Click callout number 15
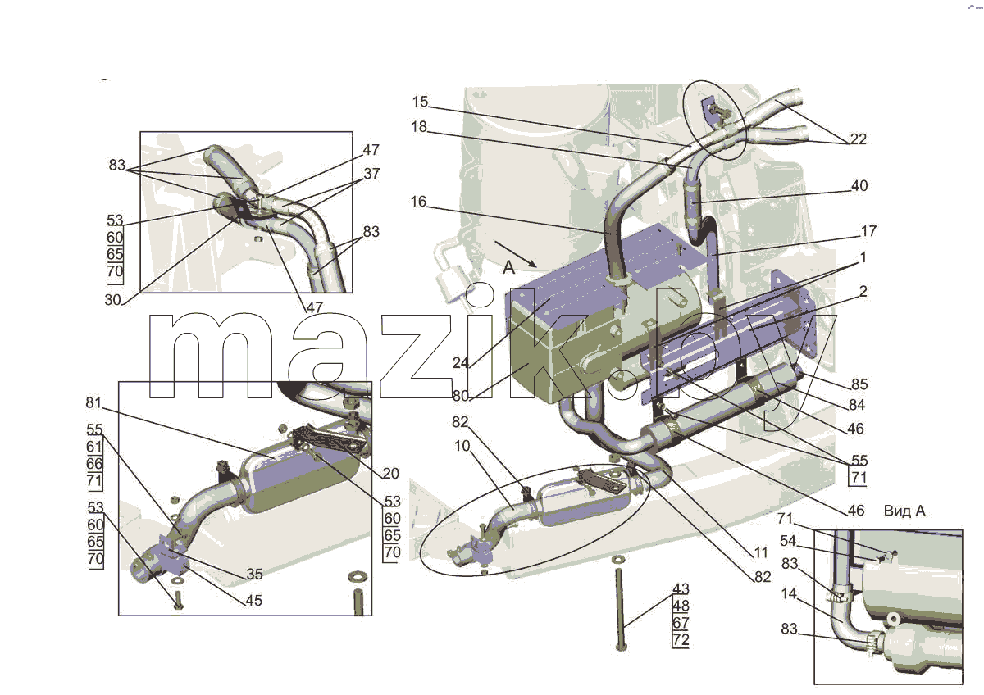[420, 102]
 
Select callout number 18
[419, 127]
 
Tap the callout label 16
[418, 202]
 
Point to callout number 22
[859, 139]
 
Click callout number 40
[859, 186]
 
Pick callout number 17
[868, 231]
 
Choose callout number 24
[461, 363]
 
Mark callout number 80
[461, 396]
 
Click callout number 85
[859, 384]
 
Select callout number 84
[857, 405]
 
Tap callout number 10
[462, 446]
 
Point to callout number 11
[760, 552]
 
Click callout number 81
[93, 402]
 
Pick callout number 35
[255, 574]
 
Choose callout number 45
[254, 600]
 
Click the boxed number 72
[681, 640]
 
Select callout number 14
[789, 593]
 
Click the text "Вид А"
[904, 511]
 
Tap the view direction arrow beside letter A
[516, 254]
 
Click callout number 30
[113, 300]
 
